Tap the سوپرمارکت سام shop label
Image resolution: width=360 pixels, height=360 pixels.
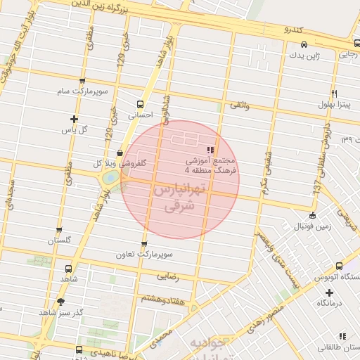83,92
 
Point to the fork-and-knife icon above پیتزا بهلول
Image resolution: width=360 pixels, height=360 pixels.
334,94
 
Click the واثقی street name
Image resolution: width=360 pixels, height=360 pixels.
239,106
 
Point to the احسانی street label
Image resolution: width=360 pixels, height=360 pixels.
140,115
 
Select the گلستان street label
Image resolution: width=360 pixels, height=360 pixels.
60,240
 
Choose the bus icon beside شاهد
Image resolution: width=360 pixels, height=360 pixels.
68,269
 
